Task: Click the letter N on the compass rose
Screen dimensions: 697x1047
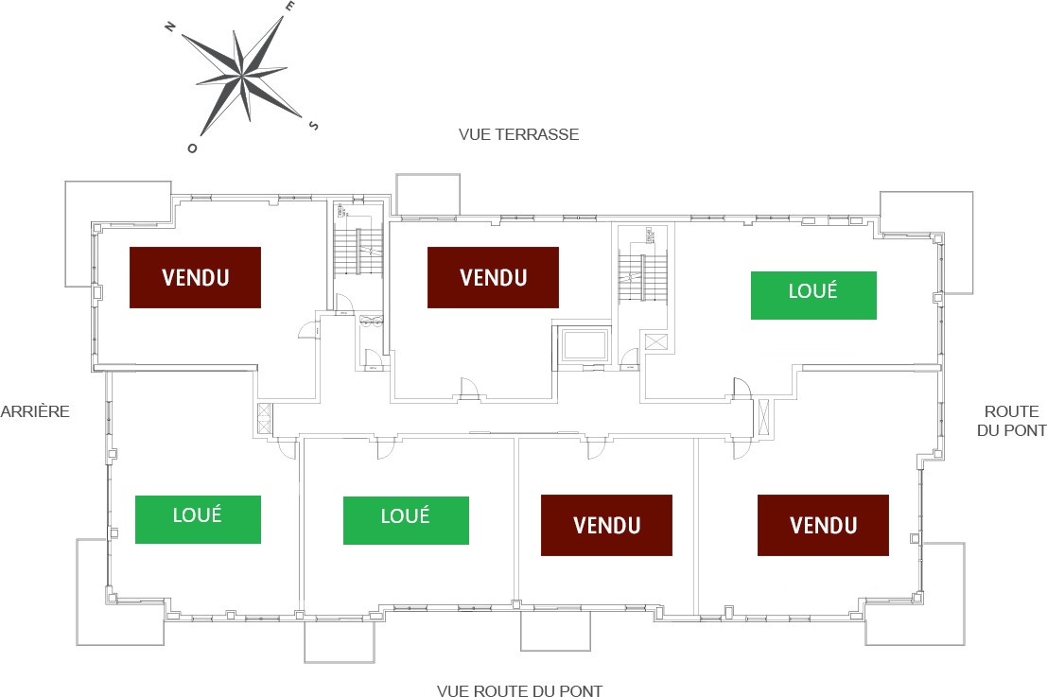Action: coord(170,27)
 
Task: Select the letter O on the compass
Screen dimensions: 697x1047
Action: coord(193,148)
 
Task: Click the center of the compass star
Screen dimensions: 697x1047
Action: coord(244,76)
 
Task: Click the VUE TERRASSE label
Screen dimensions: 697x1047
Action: coord(518,134)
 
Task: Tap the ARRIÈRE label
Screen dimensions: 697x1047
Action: coord(35,411)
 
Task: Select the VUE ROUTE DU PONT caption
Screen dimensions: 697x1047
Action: coord(519,691)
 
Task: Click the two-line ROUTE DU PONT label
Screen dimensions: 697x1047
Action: coord(1011,421)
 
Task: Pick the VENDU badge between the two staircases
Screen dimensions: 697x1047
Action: coord(493,277)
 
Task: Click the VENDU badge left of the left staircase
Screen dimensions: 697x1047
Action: coord(195,277)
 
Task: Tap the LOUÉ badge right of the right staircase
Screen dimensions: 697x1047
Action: coord(813,295)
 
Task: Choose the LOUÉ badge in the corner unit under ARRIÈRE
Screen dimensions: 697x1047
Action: coord(198,519)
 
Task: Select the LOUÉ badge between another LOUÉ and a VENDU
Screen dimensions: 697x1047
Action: coord(406,520)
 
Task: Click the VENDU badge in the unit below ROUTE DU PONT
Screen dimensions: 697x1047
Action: coord(823,525)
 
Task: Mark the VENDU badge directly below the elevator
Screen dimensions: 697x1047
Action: coord(606,525)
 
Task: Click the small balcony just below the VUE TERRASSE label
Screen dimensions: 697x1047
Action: coord(428,195)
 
